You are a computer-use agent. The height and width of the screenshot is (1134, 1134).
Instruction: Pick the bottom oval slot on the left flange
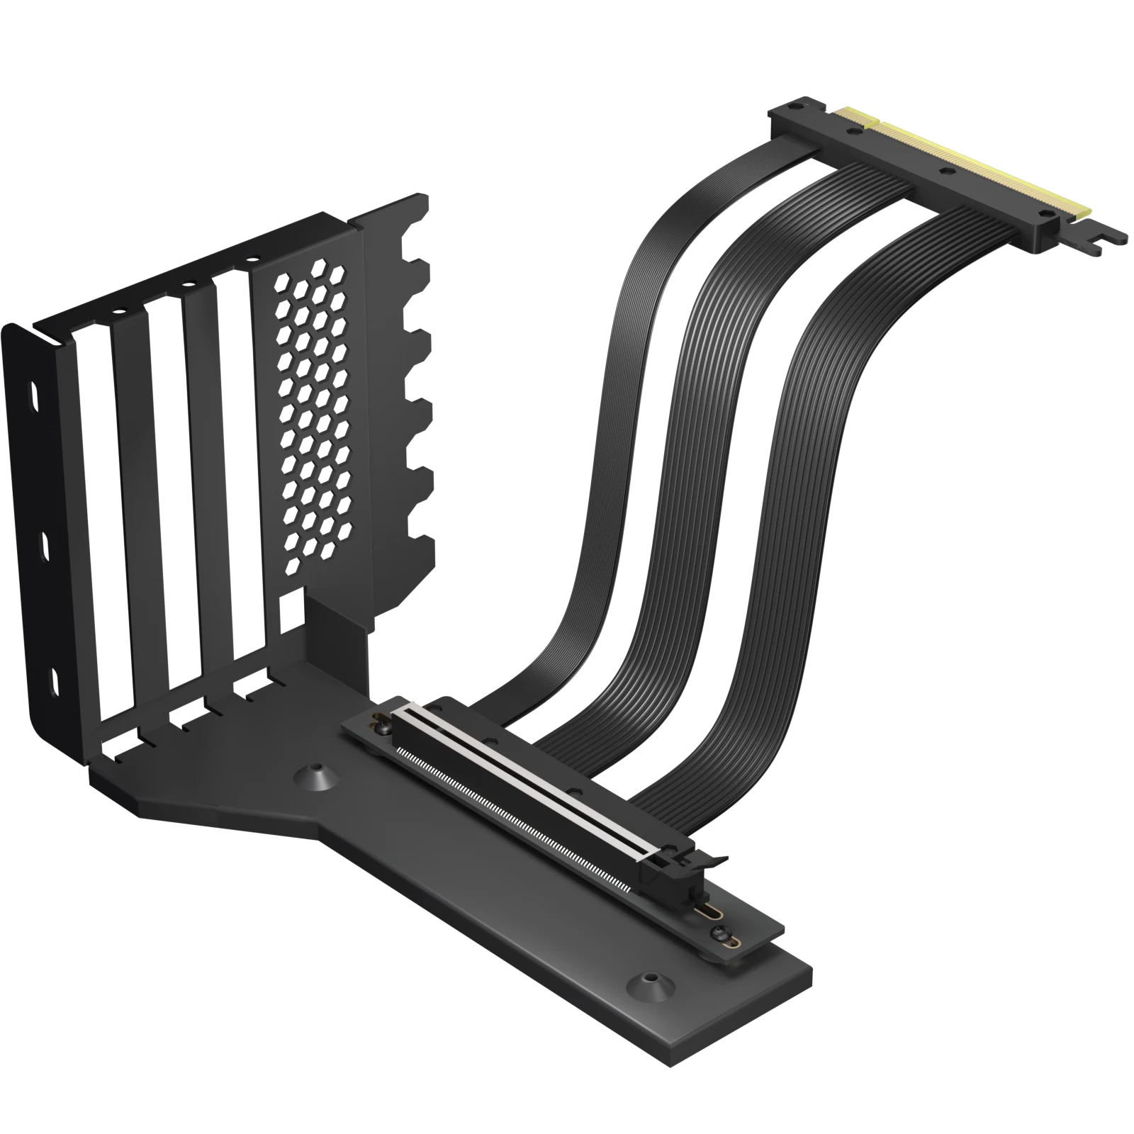point(53,683)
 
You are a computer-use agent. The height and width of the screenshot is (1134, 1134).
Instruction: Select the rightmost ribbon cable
point(801,425)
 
